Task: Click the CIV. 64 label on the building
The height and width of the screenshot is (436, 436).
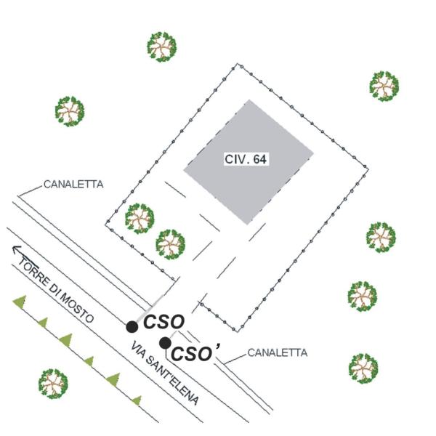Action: click(x=246, y=159)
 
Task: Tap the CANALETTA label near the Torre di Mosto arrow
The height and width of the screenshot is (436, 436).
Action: click(x=73, y=185)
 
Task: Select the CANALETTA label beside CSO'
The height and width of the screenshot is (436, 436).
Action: click(x=278, y=352)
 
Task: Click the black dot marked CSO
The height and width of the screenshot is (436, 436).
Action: click(x=132, y=327)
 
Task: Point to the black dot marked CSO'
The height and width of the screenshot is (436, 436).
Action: click(x=165, y=343)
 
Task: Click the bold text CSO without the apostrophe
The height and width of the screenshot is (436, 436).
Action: click(x=163, y=322)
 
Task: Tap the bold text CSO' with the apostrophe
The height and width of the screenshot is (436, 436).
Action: click(x=195, y=353)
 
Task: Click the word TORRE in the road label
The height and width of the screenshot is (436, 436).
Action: click(x=33, y=270)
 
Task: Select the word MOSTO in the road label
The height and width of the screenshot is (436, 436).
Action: click(x=77, y=307)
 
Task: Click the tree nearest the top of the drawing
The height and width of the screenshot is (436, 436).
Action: click(x=162, y=47)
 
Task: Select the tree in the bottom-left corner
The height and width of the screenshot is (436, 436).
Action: click(x=53, y=384)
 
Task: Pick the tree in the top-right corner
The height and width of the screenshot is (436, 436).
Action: click(x=384, y=86)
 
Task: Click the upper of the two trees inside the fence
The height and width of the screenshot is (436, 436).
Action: click(x=140, y=219)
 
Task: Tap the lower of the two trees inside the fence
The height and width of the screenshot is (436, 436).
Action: click(x=170, y=244)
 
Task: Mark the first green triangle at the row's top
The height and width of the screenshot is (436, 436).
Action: click(x=20, y=301)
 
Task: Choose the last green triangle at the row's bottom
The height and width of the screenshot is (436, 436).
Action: click(x=137, y=400)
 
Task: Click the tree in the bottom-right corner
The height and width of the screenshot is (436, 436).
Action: click(x=363, y=368)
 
